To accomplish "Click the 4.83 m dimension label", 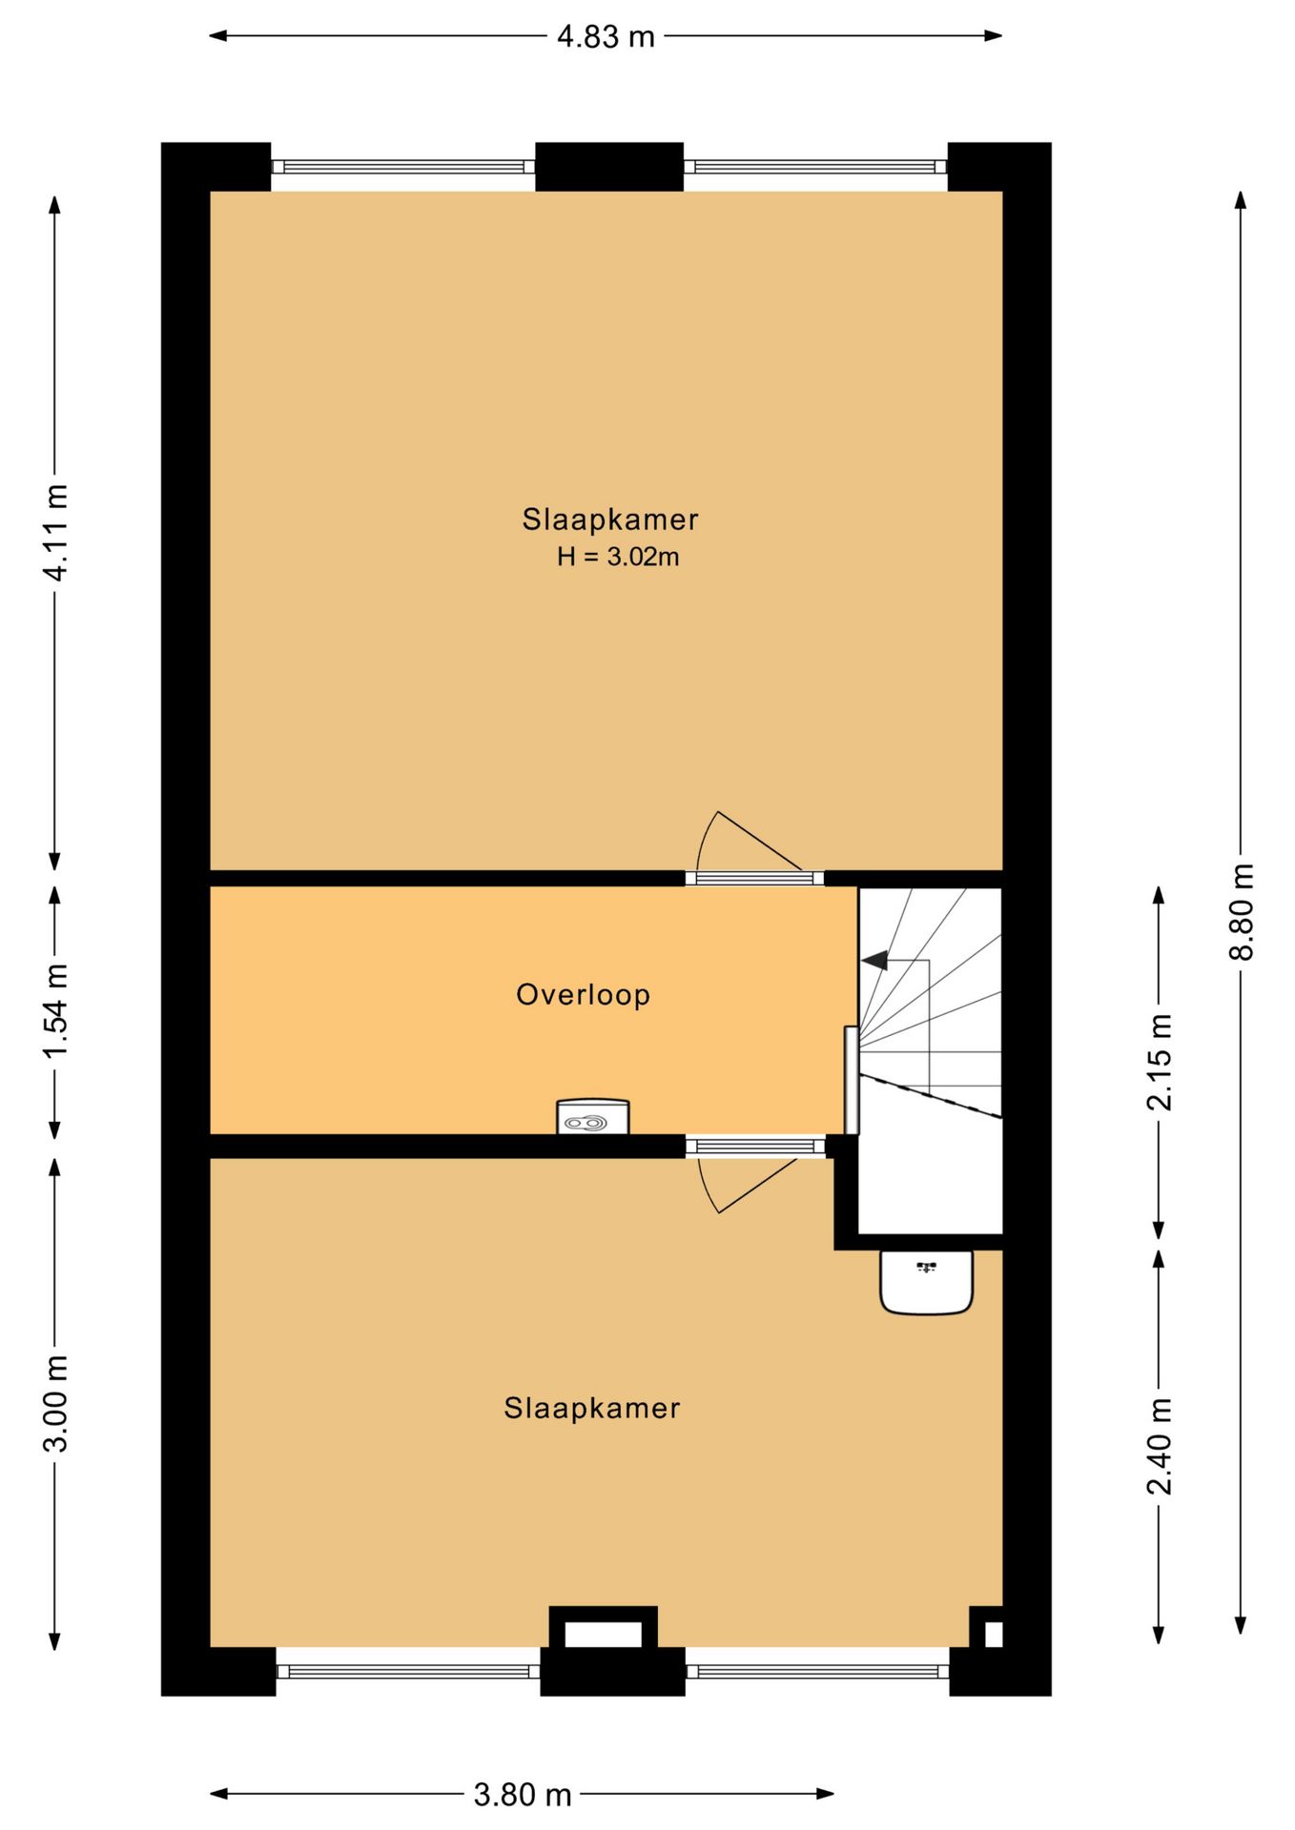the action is coord(606,36).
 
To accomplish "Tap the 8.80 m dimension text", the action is coord(1242,911).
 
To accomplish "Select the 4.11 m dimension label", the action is coord(55,532).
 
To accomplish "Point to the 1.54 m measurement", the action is coord(55,1009).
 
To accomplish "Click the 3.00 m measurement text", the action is coord(55,1404).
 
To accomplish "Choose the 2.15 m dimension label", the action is coord(1160,1062).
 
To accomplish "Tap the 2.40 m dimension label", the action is coord(1160,1446).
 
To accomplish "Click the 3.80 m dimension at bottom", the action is coord(523,1795).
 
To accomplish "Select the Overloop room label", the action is coord(583,994).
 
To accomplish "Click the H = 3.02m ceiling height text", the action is coord(618,557).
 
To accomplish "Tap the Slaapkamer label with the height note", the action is coord(610,519).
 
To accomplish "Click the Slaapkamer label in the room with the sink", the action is coord(592,1408).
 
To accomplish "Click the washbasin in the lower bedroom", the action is coord(926,1282).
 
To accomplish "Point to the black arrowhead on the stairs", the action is coord(874,960).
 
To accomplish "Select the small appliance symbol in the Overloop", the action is coord(593,1117).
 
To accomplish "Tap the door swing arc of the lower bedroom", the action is coord(707,1188).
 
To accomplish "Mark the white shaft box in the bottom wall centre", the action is coord(603,1634).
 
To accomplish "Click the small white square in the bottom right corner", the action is coord(993,1634).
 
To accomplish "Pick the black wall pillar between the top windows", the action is coord(609,167).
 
